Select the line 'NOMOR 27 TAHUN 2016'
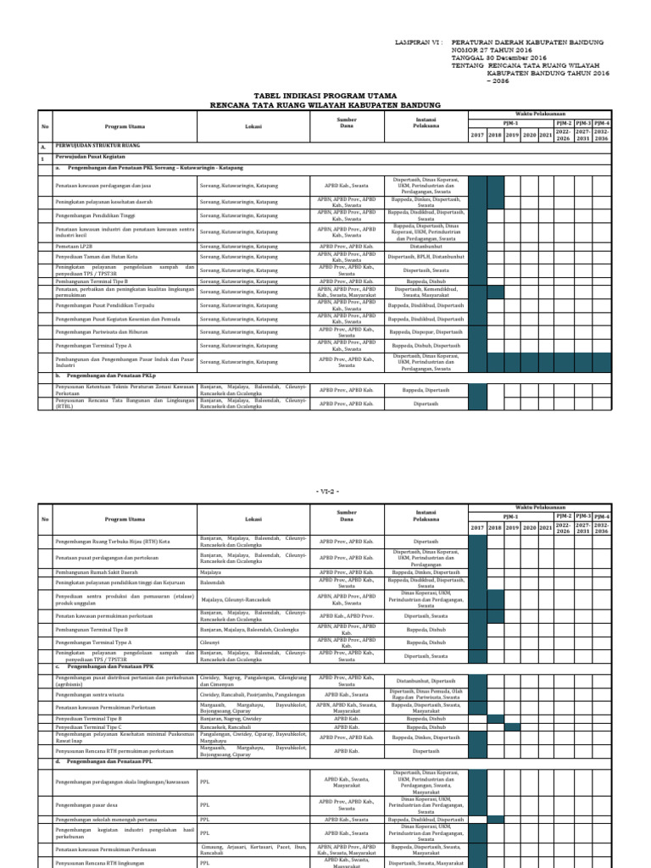tap(488, 49)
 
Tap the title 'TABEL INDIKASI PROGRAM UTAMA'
tap(325, 97)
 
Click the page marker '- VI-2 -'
tap(325, 491)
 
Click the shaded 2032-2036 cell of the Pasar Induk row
tap(601, 360)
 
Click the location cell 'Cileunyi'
tap(209, 643)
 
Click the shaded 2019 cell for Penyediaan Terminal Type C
tap(512, 727)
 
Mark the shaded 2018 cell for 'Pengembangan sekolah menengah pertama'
tap(495, 820)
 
